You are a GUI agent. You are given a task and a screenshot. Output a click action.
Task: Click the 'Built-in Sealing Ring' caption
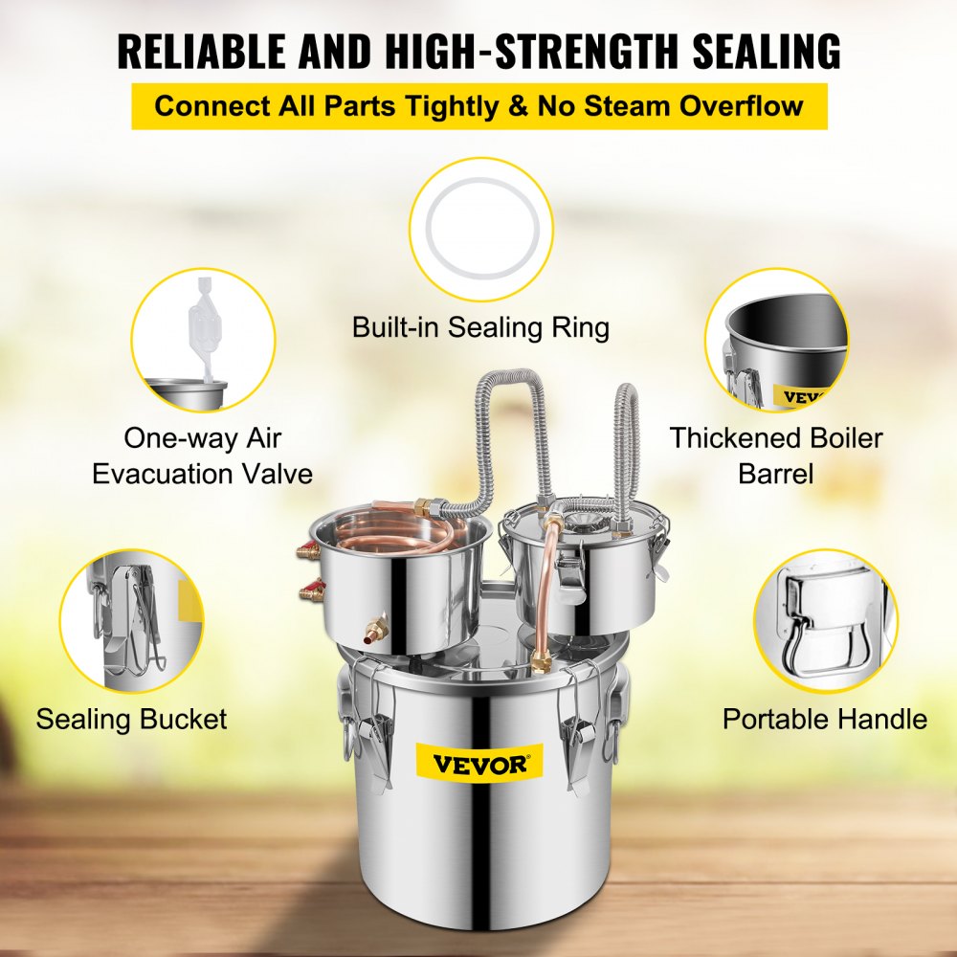(480, 327)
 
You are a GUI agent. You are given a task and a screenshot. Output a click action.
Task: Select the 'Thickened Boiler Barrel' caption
(776, 456)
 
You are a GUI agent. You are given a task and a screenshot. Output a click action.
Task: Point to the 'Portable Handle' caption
(825, 719)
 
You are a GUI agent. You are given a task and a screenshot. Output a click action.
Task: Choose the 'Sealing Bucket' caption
(132, 719)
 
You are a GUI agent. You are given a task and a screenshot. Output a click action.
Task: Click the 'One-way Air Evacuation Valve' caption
(203, 456)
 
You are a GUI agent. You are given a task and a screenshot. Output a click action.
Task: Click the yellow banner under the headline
(478, 104)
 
